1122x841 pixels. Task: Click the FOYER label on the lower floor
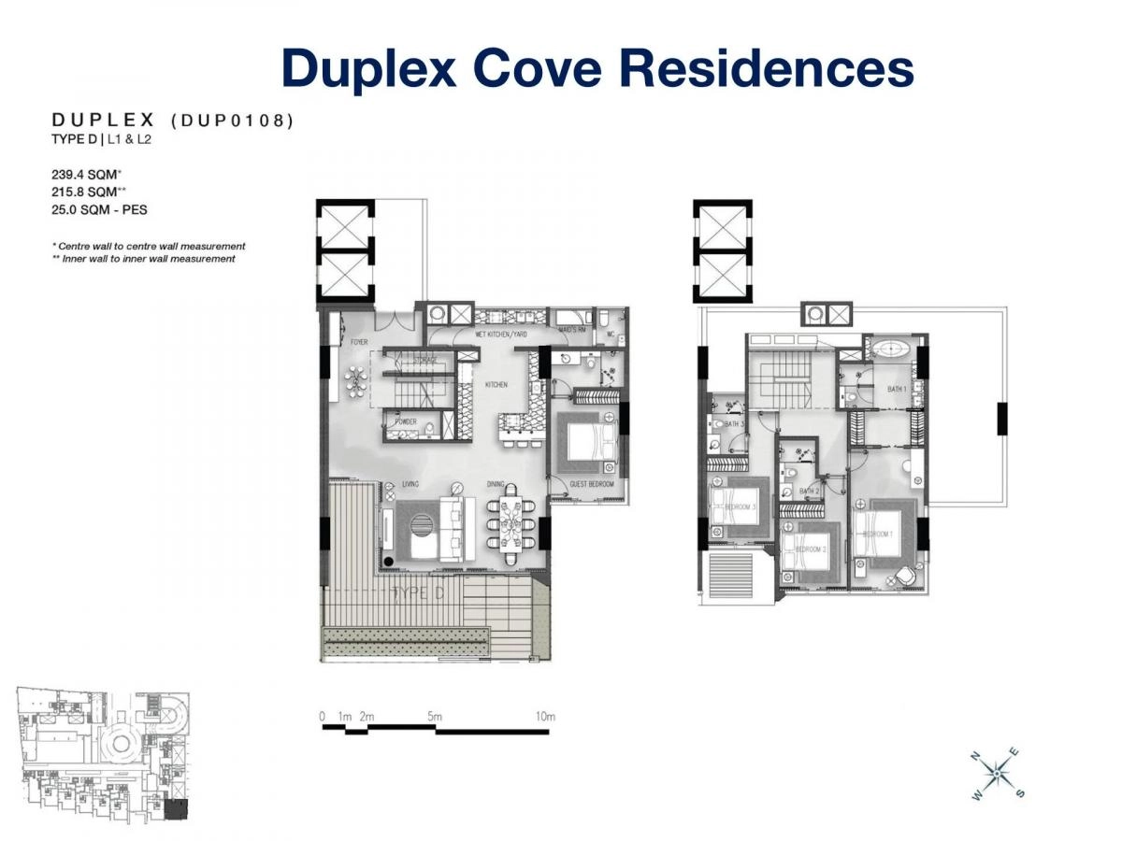[x=359, y=343]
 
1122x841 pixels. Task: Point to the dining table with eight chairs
[x=511, y=528]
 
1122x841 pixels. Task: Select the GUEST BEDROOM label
[x=592, y=483]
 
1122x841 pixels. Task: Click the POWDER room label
[x=405, y=422]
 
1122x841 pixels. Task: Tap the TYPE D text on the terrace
[x=419, y=592]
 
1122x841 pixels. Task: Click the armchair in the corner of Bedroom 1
[x=902, y=575]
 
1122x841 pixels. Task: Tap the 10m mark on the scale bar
[x=545, y=717]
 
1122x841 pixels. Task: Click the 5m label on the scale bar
[x=434, y=717]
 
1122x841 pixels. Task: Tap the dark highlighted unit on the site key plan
[x=176, y=809]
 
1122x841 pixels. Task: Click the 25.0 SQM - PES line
[x=98, y=209]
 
